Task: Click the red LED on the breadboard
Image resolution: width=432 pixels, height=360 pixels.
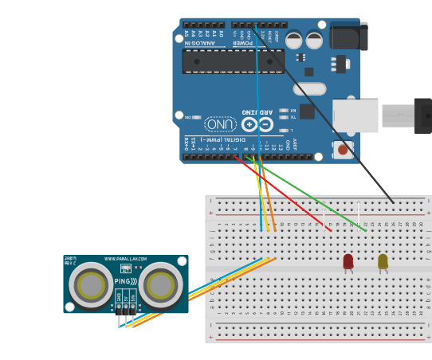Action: (x=348, y=261)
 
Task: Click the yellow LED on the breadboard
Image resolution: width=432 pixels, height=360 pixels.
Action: (x=383, y=261)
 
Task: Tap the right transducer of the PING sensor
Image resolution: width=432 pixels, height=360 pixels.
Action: (x=162, y=284)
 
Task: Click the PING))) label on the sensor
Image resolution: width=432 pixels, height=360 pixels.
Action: (x=125, y=281)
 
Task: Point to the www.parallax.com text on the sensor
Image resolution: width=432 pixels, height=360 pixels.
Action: (x=126, y=259)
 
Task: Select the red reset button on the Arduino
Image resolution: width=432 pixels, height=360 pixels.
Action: (x=343, y=149)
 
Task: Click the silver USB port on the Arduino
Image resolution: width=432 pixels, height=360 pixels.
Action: (x=355, y=116)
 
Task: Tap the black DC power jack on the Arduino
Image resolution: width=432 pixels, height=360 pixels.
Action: (x=348, y=37)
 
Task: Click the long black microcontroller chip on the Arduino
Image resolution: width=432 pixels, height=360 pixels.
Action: (x=233, y=61)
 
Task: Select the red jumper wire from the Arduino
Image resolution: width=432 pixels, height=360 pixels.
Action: (x=283, y=193)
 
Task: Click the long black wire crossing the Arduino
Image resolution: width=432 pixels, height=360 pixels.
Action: (x=327, y=119)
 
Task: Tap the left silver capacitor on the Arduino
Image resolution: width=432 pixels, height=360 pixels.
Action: (x=294, y=39)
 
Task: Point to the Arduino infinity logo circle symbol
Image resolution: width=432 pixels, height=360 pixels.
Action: (x=257, y=124)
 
